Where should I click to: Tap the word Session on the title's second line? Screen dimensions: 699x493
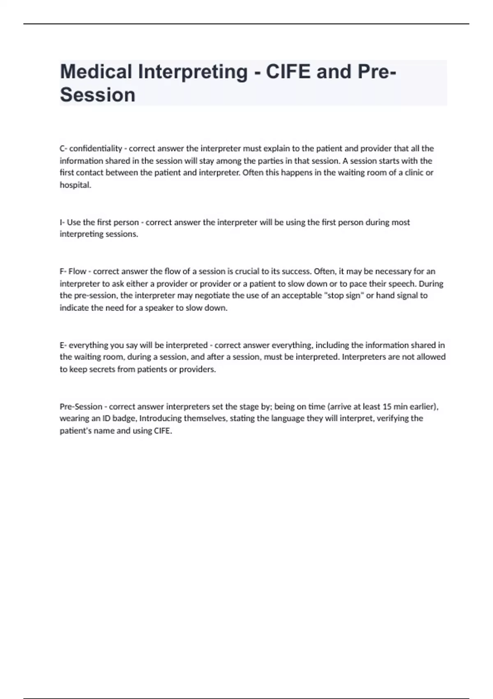pyautogui.click(x=98, y=95)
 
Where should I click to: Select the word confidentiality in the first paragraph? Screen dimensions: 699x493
pyautogui.click(x=96, y=148)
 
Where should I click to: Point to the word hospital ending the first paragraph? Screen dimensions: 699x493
pyautogui.click(x=75, y=185)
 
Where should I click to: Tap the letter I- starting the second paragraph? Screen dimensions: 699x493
pyautogui.click(x=62, y=222)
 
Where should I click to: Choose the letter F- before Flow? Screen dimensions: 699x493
pyautogui.click(x=63, y=271)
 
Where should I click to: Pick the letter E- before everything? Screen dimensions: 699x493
pyautogui.click(x=63, y=345)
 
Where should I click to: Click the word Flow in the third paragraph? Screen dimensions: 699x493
pyautogui.click(x=77, y=271)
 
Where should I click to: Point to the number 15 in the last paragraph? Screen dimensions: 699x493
pyautogui.click(x=387, y=407)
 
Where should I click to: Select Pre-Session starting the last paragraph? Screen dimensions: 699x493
pyautogui.click(x=81, y=407)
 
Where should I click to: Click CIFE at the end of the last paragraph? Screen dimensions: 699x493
pyautogui.click(x=162, y=431)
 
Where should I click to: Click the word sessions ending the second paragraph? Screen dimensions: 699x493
pyautogui.click(x=122, y=234)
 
